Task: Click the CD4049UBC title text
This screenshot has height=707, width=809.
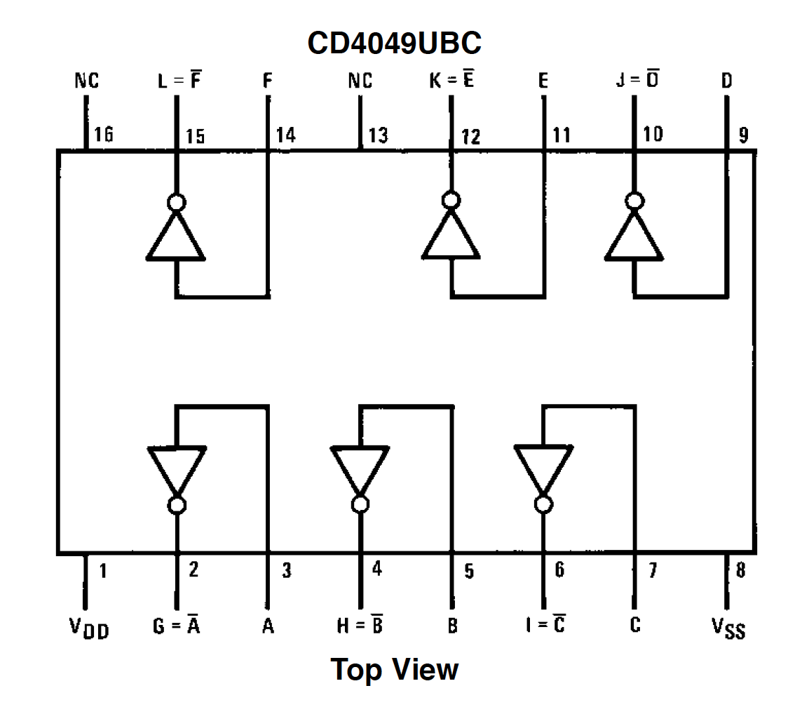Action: [395, 43]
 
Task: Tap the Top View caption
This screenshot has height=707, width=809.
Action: [395, 669]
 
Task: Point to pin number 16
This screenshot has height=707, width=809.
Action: [103, 134]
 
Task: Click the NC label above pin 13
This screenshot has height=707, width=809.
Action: [360, 81]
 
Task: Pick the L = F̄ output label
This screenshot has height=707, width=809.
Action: [179, 81]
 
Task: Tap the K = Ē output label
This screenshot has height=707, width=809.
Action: [451, 81]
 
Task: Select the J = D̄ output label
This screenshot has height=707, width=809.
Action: [637, 81]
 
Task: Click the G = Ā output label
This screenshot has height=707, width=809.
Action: [176, 626]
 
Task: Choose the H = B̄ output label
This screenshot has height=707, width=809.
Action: [360, 626]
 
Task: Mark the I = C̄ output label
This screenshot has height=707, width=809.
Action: [545, 626]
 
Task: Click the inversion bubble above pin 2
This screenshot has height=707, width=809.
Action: [177, 505]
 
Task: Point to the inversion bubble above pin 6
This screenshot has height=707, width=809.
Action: [543, 505]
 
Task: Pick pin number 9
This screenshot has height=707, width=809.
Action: [743, 135]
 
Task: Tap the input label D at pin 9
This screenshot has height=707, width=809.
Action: [727, 81]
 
